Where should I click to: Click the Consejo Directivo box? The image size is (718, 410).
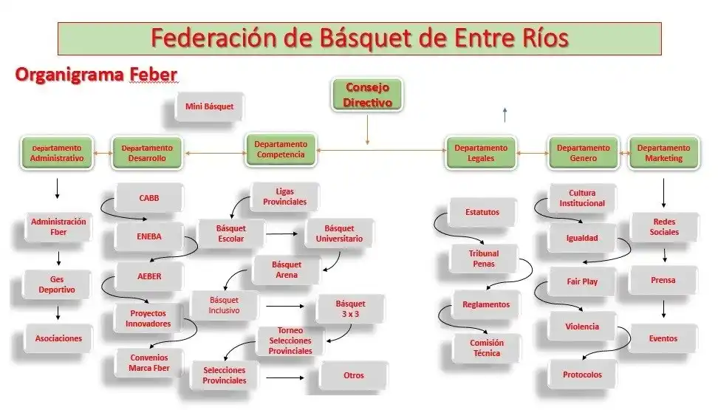pyautogui.click(x=367, y=96)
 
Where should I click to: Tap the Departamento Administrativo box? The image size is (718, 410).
pyautogui.click(x=57, y=153)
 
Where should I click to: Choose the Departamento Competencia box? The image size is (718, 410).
pyautogui.click(x=280, y=149)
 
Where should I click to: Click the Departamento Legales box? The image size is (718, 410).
pyautogui.click(x=481, y=153)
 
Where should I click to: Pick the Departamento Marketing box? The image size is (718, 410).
pyautogui.click(x=663, y=153)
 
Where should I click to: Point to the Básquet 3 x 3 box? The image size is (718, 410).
pyautogui.click(x=350, y=310)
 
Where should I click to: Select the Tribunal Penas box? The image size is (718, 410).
pyautogui.click(x=483, y=259)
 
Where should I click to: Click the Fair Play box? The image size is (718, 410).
pyautogui.click(x=582, y=281)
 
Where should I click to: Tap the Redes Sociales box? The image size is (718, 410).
pyautogui.click(x=663, y=227)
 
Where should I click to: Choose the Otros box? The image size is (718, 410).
pyautogui.click(x=353, y=375)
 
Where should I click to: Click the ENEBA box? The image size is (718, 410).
pyautogui.click(x=149, y=237)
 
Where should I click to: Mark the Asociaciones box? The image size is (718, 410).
pyautogui.click(x=58, y=338)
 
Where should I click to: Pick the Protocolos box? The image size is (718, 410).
pyautogui.click(x=582, y=375)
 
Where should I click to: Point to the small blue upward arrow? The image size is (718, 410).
pyautogui.click(x=505, y=113)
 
